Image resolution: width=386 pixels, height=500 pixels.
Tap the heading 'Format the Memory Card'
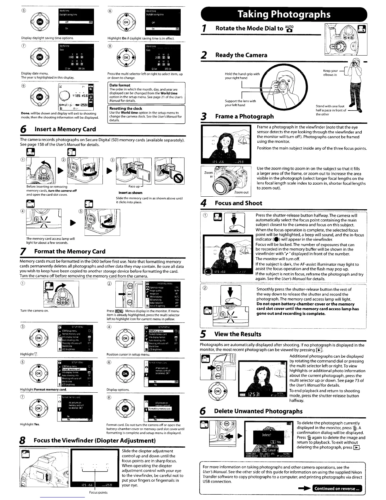point(69,252)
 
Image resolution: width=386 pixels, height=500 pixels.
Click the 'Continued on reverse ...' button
point(337,488)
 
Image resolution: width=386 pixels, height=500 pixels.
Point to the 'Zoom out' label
point(241,192)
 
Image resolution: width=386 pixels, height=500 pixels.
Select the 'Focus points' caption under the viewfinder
point(98,492)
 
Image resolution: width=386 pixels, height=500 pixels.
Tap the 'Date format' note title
point(120,85)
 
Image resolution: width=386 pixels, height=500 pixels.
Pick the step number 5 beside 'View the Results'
point(204,334)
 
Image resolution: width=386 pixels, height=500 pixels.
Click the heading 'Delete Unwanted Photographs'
point(258,411)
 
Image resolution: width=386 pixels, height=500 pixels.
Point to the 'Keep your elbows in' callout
point(330,73)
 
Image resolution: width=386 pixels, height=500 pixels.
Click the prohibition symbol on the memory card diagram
point(179,179)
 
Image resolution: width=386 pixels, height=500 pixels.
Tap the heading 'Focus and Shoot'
point(238,203)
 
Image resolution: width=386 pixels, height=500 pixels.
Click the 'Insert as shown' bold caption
point(130,193)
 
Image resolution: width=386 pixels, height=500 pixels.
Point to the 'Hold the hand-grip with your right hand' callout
point(242,76)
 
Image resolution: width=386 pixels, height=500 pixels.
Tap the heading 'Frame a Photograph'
point(244,116)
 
